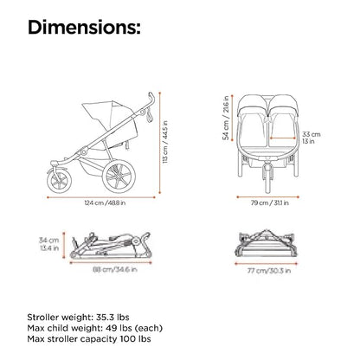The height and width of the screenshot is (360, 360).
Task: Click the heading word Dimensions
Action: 84,28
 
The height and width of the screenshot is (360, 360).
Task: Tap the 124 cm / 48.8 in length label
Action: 105,202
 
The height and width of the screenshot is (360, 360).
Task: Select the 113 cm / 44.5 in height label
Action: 165,142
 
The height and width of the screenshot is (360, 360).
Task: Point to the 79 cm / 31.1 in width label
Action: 270,202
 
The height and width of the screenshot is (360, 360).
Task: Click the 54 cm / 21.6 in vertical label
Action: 227,118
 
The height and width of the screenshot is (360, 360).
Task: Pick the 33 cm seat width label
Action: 312,134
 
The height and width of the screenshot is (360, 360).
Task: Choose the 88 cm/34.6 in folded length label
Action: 114,269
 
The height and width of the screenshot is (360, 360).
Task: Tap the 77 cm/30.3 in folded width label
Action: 269,271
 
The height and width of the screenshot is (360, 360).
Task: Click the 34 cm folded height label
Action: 49,240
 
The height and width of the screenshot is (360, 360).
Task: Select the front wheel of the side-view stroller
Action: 59,180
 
